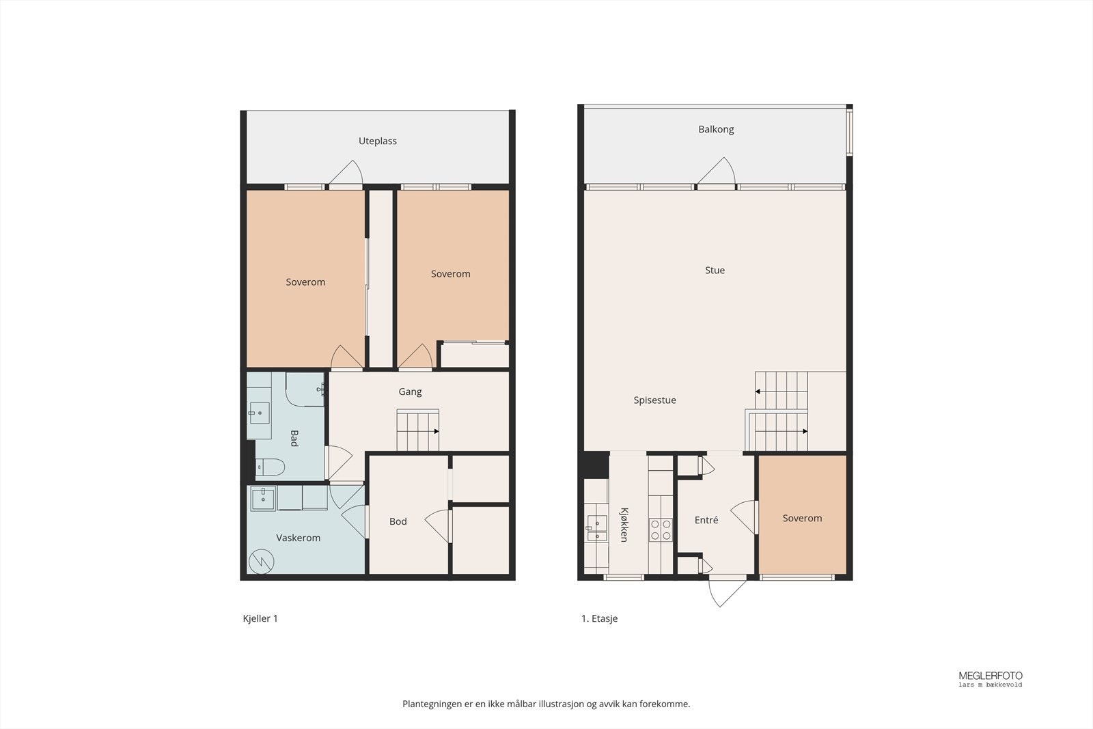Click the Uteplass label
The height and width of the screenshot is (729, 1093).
pos(378,141)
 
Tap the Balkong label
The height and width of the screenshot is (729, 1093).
pos(716,129)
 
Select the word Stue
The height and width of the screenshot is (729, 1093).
pos(715,271)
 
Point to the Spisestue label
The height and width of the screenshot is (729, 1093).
pos(654,400)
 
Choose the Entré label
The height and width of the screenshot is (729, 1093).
pos(706,521)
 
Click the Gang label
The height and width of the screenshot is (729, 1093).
pos(410,392)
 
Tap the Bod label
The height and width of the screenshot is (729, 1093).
pos(398,522)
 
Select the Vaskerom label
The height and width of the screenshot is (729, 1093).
pos(298,538)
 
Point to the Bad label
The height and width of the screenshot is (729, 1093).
pos(294,438)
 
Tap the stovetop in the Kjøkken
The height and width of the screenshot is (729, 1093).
pos(660,529)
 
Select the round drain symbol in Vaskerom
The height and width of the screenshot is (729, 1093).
pos(261,562)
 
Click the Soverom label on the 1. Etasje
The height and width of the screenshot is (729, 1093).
pos(802,519)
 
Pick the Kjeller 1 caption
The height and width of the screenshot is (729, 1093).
pos(260,619)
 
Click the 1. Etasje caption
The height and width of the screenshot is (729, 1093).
pos(599,619)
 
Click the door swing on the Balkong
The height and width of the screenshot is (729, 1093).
pos(717,171)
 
